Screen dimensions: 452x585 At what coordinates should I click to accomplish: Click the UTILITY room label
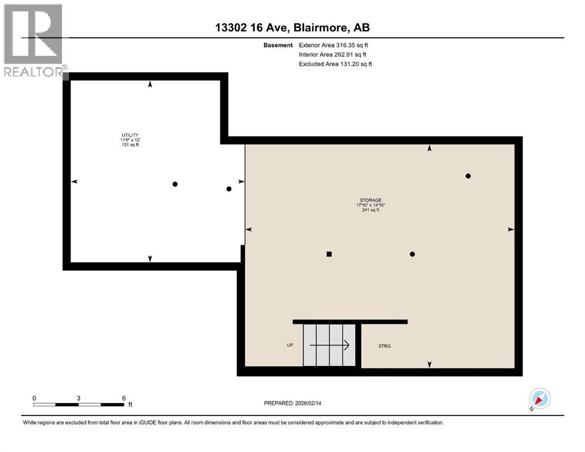pos(130,135)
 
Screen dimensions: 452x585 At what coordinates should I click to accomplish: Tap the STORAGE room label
pos(370,200)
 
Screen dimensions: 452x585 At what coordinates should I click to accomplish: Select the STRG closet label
pos(384,345)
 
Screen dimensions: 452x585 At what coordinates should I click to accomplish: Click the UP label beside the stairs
pos(290,345)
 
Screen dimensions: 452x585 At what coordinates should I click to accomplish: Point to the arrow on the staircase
pos(330,345)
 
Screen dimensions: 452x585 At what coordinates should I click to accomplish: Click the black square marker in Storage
pos(329,254)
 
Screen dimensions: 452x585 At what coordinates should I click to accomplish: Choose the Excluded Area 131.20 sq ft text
pos(335,64)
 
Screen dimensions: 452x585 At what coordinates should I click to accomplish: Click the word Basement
pos(278,45)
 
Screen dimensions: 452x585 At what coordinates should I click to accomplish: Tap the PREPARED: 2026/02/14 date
pos(292,403)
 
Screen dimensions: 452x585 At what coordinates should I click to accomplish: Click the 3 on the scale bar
pos(78,398)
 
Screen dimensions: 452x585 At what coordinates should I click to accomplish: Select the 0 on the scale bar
pos(34,398)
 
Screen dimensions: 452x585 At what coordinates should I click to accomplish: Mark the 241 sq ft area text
pos(371,210)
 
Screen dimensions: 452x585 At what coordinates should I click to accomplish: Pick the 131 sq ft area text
pos(130,145)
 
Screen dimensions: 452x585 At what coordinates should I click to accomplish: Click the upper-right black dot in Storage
pos(468,176)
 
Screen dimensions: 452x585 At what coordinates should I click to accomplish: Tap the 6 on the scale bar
pos(123,398)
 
